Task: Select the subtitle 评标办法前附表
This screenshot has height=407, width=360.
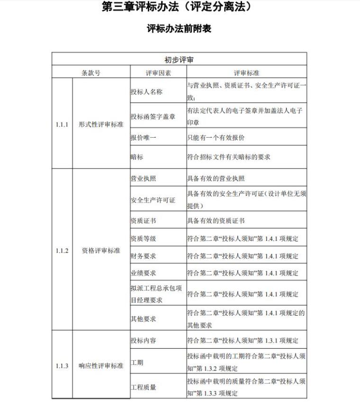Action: point(179,28)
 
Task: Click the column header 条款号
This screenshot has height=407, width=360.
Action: point(90,73)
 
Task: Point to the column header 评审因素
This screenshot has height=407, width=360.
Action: point(158,73)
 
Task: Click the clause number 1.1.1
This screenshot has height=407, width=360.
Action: point(62,124)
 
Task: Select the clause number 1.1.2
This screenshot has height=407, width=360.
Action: point(62,250)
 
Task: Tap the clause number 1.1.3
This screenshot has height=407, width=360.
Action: point(62,366)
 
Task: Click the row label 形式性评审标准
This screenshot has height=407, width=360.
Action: point(101,124)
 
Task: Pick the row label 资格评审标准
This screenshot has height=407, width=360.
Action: point(101,250)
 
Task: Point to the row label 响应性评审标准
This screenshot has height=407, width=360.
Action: point(101,366)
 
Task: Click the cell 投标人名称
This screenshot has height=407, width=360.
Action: point(146,92)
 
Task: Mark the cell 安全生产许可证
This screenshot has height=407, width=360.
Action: point(153,200)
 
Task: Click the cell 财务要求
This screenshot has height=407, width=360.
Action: point(143,256)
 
